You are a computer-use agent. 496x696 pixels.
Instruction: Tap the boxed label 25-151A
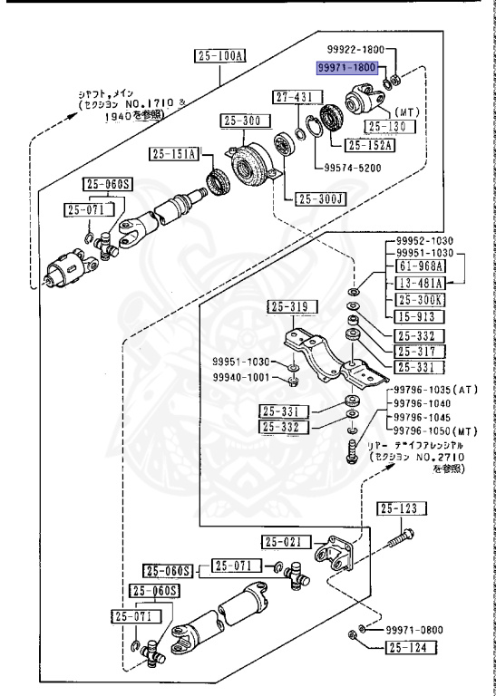pyautogui.click(x=173, y=153)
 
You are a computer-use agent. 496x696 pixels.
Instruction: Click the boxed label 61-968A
pyautogui.click(x=421, y=266)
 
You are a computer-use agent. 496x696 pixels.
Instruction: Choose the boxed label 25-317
pyautogui.click(x=421, y=351)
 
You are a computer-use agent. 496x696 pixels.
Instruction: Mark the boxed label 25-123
pyautogui.click(x=401, y=508)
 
